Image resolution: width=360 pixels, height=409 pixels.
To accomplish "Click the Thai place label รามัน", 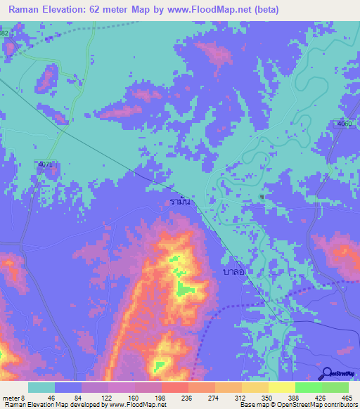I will click(179, 202).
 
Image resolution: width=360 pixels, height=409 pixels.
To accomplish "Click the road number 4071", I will click(46, 164).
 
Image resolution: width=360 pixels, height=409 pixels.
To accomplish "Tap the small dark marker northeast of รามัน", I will click(262, 197).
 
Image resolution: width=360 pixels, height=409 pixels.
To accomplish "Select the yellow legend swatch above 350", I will click(255, 387).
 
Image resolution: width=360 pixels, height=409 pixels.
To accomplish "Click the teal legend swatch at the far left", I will click(41, 387).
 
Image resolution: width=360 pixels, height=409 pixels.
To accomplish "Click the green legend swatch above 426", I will click(308, 387).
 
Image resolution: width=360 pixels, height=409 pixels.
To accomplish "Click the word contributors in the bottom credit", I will click(337, 405).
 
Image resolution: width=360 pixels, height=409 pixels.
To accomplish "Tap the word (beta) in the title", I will click(266, 10).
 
